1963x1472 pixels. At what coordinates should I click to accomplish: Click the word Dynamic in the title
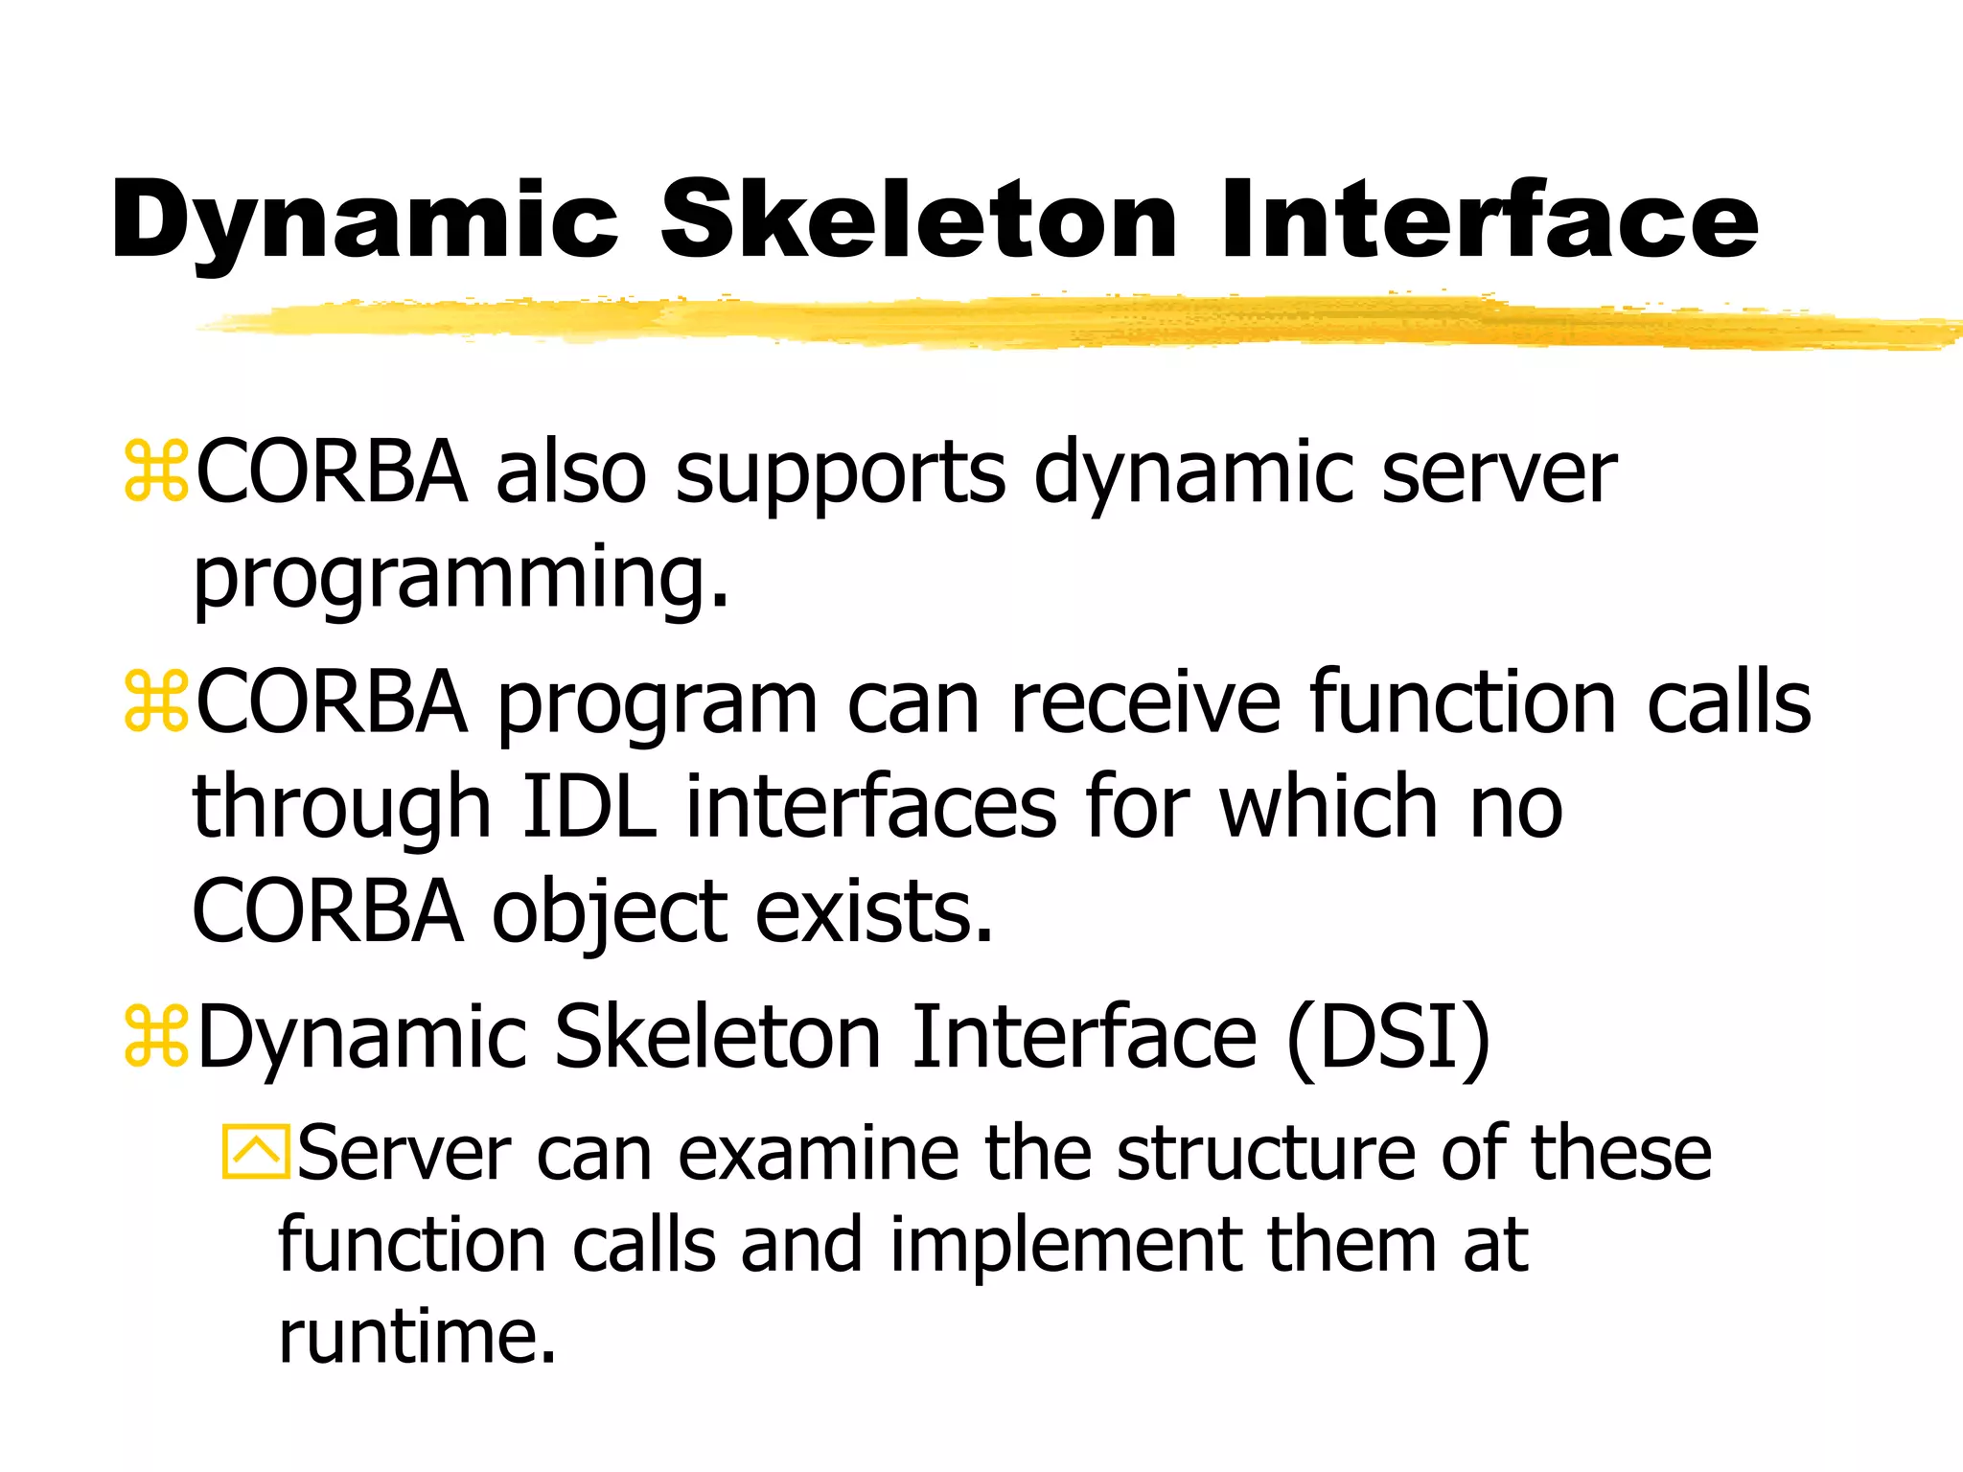pyautogui.click(x=364, y=222)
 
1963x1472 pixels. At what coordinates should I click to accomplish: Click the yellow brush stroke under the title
pyautogui.click(x=1054, y=322)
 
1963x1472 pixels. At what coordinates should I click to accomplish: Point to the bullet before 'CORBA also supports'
pyautogui.click(x=156, y=471)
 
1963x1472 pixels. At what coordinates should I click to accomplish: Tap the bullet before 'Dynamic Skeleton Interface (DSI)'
pyautogui.click(x=156, y=1037)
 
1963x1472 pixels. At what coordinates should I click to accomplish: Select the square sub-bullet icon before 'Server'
pyautogui.click(x=255, y=1151)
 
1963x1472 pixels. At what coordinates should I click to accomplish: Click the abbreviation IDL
pyautogui.click(x=589, y=807)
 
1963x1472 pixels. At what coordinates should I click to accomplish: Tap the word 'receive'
pyautogui.click(x=1145, y=703)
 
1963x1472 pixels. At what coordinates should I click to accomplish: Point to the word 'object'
pyautogui.click(x=611, y=912)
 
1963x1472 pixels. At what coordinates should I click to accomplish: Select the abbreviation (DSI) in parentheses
pyautogui.click(x=1389, y=1037)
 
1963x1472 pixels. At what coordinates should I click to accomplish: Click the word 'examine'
pyautogui.click(x=819, y=1153)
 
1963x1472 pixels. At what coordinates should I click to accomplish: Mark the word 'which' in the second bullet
pyautogui.click(x=1330, y=807)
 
